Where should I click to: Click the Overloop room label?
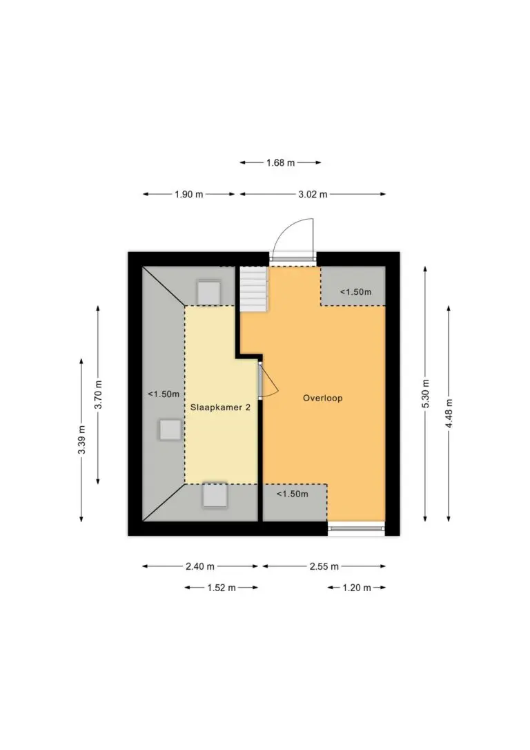tap(322, 398)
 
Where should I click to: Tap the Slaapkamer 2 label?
tap(220, 407)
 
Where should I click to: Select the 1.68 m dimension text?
tap(281, 162)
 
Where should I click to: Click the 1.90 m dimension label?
tap(189, 194)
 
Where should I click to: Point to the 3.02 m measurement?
tap(313, 194)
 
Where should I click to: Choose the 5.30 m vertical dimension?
tap(425, 394)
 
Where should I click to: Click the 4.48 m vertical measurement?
tap(449, 413)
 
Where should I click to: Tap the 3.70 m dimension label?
tap(98, 394)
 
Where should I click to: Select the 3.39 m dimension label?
tap(81, 440)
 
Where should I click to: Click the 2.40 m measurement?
tap(199, 566)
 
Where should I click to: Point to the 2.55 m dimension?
tap(324, 566)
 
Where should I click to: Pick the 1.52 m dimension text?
tap(222, 588)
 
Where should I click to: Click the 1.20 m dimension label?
tap(357, 588)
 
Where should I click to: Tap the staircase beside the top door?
tap(253, 289)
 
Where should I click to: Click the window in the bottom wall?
tap(357, 528)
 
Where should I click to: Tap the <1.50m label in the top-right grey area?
tap(355, 291)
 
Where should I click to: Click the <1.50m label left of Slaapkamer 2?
tap(164, 394)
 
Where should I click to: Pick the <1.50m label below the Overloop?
tap(293, 494)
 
